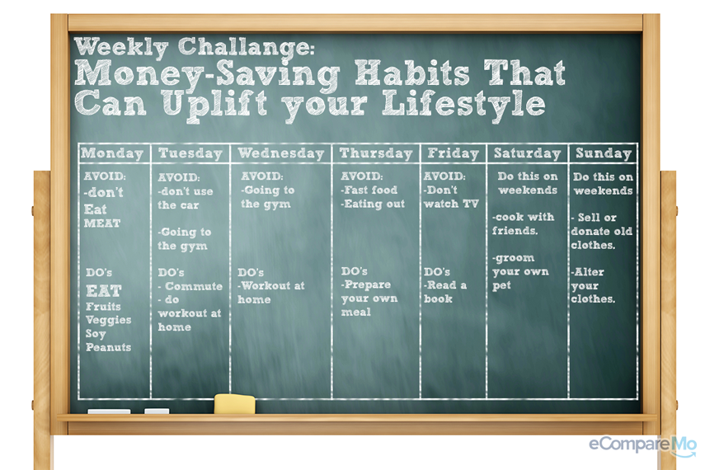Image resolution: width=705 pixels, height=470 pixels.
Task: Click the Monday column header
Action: pos(112,154)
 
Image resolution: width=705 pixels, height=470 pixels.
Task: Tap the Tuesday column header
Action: pos(190,154)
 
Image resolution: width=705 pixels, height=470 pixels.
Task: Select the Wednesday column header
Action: pos(281,153)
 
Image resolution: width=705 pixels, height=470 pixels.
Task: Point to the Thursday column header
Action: pos(376,153)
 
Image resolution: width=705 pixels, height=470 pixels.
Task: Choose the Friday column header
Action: pos(454,153)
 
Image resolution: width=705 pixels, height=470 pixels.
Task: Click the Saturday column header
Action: pos(528,153)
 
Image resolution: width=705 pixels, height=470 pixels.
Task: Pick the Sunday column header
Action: pos(604,153)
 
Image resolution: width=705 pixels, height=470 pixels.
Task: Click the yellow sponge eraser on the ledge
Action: pos(235,404)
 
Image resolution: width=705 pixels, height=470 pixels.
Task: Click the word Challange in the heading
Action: pos(246,47)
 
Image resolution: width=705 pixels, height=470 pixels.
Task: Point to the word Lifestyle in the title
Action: pos(463,104)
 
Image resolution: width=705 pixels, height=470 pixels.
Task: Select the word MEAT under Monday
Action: pos(102,223)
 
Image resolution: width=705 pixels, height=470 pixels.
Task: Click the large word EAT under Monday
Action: pos(104,291)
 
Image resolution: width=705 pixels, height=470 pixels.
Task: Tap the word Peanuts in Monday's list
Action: pos(108,347)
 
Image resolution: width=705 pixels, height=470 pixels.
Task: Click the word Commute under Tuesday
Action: pos(194,286)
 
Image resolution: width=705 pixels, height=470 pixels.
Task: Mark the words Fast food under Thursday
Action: pos(370,190)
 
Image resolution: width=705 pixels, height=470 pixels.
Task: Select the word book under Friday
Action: pos(438,298)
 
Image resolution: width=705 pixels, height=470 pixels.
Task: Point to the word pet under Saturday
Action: pos(502,286)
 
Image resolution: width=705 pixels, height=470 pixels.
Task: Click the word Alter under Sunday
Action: pos(589,272)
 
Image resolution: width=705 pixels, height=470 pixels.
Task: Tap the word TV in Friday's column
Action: pos(471,204)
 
